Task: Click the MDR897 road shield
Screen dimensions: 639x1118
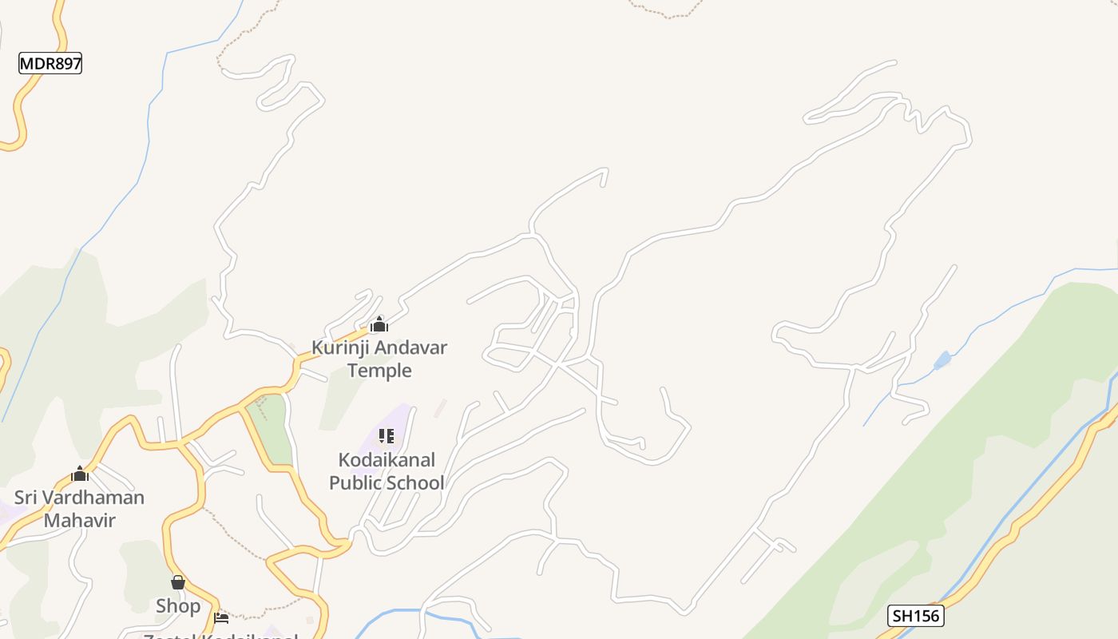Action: [x=50, y=64]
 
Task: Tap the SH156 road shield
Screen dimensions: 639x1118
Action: [x=916, y=616]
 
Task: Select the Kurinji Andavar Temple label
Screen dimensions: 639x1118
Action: [x=379, y=359]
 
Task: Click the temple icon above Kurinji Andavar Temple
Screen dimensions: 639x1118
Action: [x=379, y=324]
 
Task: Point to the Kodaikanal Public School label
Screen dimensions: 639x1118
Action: [x=387, y=471]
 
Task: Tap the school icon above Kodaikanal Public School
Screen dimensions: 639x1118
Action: [x=387, y=436]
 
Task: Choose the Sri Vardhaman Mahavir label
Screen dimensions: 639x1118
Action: [x=79, y=509]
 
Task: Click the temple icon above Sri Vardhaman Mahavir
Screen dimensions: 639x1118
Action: [x=79, y=474]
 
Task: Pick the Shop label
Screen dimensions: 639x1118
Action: [x=178, y=606]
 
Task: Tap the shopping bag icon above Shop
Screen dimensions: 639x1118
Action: [x=178, y=582]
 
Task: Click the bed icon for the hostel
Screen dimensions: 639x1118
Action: [x=221, y=617]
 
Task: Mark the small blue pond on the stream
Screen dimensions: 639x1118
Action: [x=942, y=360]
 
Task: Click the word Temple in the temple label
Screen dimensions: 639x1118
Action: [x=379, y=371]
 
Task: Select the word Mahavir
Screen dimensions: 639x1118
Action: [x=79, y=521]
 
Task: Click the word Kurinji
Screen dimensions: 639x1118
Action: [x=340, y=347]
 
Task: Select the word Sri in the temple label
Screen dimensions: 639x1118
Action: [x=26, y=498]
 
